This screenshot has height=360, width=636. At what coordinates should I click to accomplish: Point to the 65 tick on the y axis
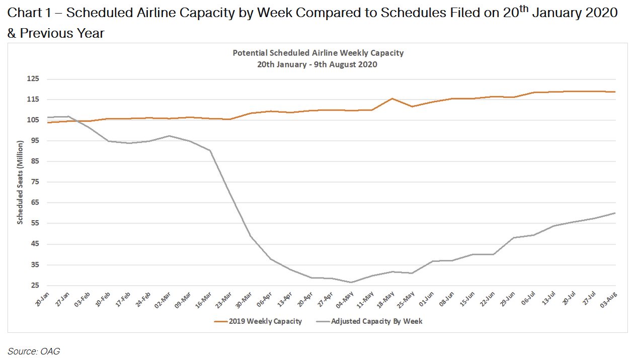tap(35, 203)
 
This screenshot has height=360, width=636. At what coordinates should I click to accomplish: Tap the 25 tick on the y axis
tap(35, 286)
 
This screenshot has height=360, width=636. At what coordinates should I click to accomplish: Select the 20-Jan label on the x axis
tap(43, 300)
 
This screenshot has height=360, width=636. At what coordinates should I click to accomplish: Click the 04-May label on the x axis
tap(349, 301)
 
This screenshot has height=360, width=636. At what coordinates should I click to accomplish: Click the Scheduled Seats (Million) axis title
tap(20, 183)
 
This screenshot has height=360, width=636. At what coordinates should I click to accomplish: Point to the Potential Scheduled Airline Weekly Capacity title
tap(318, 53)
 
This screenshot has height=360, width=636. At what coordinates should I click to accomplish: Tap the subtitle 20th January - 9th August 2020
tap(318, 64)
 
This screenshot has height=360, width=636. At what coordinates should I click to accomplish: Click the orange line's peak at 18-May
tap(392, 99)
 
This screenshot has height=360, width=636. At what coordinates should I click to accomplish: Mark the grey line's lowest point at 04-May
tap(351, 282)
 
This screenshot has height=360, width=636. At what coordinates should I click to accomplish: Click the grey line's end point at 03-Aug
tap(615, 213)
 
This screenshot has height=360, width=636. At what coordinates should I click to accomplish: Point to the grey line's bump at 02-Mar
tap(169, 136)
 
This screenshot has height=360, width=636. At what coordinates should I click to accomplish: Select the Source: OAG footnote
tap(34, 351)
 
